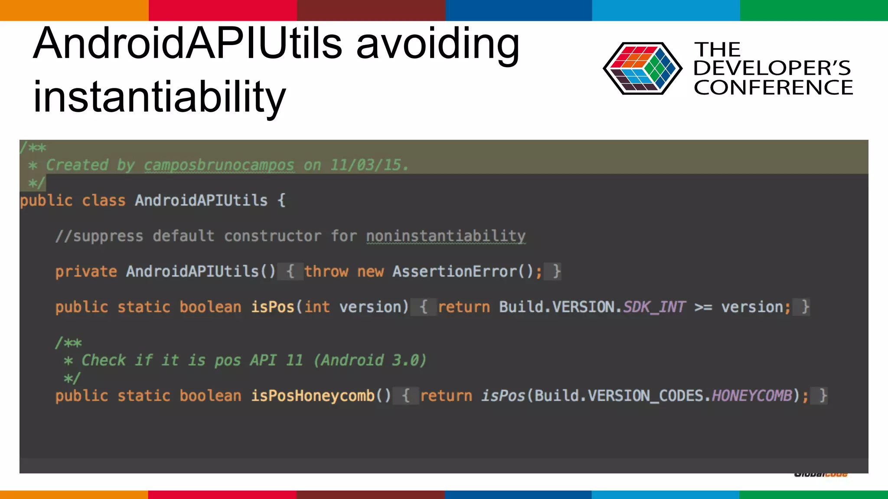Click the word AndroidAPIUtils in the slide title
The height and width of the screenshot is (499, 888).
[188, 43]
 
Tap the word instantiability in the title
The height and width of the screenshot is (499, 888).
[160, 97]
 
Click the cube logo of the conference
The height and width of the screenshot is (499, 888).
[642, 68]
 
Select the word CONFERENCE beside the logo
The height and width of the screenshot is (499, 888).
[773, 87]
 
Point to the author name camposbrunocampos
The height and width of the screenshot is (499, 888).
[219, 165]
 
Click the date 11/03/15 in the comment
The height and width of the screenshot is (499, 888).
[369, 165]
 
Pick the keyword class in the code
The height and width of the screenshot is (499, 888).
[104, 201]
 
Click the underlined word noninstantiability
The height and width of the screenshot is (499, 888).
[446, 236]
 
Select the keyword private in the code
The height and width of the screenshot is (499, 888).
[86, 272]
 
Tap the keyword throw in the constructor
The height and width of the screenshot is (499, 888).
[326, 272]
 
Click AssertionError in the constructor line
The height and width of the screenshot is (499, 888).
[455, 272]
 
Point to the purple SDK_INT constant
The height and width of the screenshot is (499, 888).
[654, 307]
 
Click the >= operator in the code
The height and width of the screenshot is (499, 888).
[703, 307]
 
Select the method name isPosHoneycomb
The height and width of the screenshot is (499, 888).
[313, 396]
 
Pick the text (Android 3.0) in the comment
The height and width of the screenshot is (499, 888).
[370, 360]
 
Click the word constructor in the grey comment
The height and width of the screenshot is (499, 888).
[273, 236]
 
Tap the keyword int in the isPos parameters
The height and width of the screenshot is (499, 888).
[317, 307]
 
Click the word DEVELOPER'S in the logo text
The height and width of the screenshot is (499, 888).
[772, 68]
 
